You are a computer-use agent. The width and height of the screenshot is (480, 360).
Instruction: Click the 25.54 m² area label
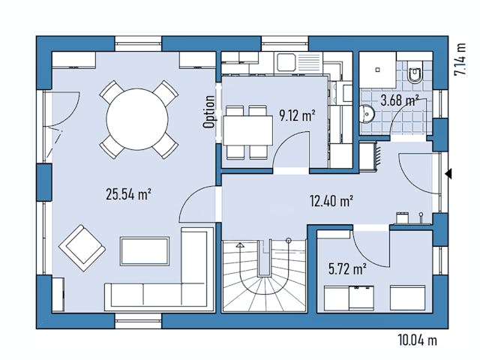coord(129,193)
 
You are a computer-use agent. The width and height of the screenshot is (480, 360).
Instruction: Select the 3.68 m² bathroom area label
coord(400,100)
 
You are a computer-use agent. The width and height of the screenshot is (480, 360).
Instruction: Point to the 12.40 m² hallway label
coord(331,200)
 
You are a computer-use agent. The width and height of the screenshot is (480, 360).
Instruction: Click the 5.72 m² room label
coord(347,267)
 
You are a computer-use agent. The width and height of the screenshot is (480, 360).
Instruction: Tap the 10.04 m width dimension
coord(417,340)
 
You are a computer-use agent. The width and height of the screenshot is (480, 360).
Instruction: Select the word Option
coord(210,111)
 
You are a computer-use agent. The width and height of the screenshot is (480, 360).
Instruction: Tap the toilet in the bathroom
coord(415,73)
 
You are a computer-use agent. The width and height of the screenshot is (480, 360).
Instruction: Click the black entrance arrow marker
coord(448,174)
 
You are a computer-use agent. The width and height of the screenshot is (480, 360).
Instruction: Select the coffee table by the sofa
coord(145,250)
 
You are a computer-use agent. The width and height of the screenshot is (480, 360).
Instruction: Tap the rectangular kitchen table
coord(247,132)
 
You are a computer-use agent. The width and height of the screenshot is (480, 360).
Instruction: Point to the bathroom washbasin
coord(367,115)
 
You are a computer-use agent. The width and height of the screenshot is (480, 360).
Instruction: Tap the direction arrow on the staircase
coord(242,244)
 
